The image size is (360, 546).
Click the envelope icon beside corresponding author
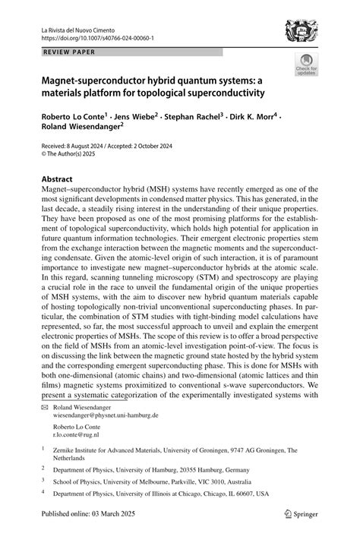(x=44, y=406)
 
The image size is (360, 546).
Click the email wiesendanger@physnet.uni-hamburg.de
(x=105, y=415)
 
